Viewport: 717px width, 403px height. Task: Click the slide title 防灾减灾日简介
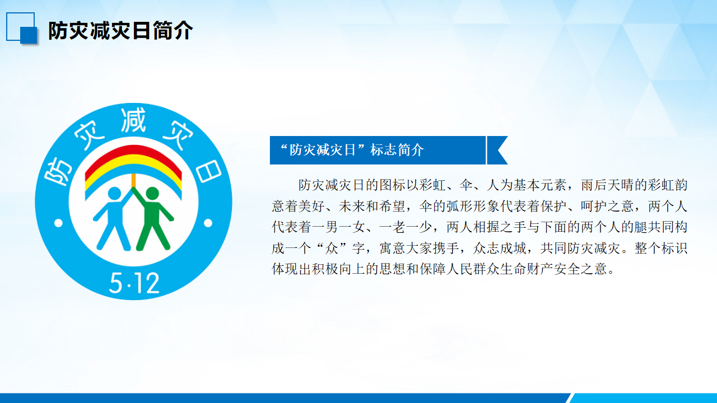point(120,31)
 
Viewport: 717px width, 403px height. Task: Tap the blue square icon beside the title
point(22,28)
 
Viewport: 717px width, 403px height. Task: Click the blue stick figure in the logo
point(113,218)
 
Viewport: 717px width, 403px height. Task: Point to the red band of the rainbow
point(133,151)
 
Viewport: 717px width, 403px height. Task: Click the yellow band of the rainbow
point(133,161)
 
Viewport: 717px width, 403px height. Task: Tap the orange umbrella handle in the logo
point(133,180)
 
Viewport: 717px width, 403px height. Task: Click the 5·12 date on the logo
point(134,283)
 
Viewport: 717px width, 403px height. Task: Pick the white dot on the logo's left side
point(59,223)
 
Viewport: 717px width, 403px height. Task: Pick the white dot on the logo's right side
point(208,223)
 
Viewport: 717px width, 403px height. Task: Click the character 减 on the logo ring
point(133,120)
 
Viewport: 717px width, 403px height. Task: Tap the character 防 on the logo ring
point(58,171)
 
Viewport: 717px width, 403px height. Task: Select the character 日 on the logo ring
point(208,171)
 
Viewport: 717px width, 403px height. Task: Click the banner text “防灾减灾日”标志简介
point(352,150)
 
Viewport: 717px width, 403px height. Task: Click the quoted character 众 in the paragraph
point(331,248)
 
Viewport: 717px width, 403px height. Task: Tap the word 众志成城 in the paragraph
point(500,248)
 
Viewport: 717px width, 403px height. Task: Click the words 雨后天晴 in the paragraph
point(608,185)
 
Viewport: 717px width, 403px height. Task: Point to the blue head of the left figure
point(115,194)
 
